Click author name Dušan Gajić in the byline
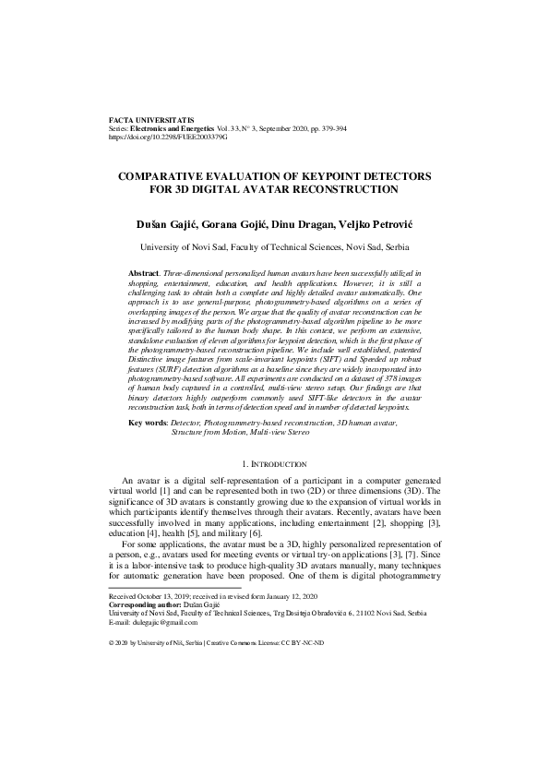pos(164,225)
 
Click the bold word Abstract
pos(143,274)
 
